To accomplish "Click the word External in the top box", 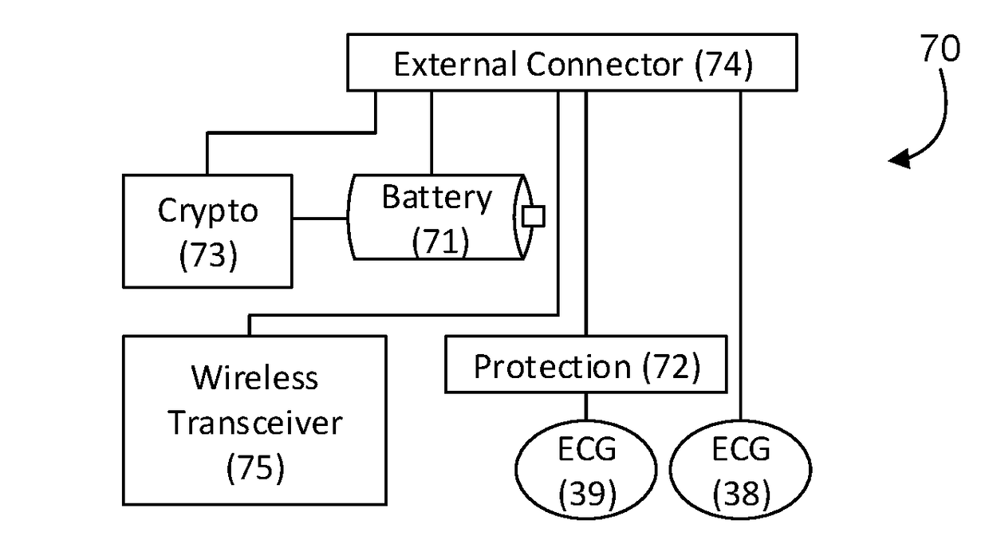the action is tap(455, 64).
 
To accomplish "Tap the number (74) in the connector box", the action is tap(724, 65).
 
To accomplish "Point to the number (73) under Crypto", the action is tap(208, 255).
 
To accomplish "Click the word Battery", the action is tap(436, 199).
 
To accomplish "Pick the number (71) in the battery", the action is tap(440, 241).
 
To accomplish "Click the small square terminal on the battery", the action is tap(534, 216).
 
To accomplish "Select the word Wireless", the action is tap(254, 378).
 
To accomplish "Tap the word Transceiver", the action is tap(255, 423).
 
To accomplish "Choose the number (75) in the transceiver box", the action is tap(256, 468).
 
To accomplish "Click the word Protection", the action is tap(553, 368).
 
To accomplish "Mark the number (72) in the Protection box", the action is tap(671, 368).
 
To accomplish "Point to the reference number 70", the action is tap(940, 48).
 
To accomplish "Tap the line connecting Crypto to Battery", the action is tap(320, 218).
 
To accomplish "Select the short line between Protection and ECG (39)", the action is tap(586, 406).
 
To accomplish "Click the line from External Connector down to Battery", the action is tap(431, 132).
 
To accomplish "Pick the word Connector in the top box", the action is tap(605, 65).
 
